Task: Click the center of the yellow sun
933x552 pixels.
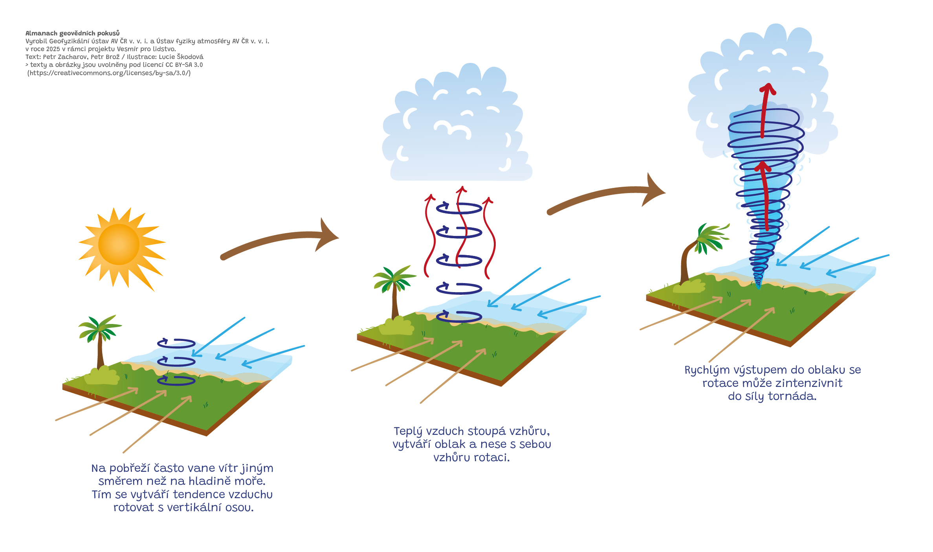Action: coord(119,244)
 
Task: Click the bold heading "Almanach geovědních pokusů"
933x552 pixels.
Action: coord(72,33)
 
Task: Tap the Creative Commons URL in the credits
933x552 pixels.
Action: coord(109,73)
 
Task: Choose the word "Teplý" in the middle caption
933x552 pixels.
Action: coord(408,431)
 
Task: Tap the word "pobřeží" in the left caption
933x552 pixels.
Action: coord(130,468)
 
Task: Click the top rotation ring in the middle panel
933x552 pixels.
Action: coord(459,208)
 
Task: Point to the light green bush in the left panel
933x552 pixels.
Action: coord(102,376)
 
